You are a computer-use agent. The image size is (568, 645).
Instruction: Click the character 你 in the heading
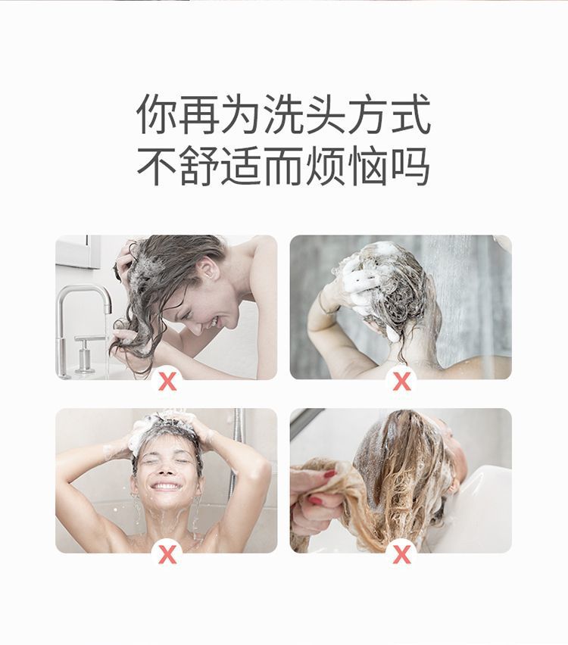tap(157, 115)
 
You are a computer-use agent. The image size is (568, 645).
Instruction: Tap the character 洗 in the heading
tap(284, 115)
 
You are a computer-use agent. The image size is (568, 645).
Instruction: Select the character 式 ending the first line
tap(411, 115)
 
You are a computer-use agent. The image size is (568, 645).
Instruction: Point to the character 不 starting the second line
tap(157, 167)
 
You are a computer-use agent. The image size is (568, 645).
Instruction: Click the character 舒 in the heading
tap(199, 167)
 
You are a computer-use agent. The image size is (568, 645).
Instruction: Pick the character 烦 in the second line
tap(326, 167)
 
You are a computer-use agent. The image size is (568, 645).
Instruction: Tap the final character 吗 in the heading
tap(411, 167)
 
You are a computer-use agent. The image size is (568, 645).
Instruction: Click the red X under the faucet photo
tap(167, 381)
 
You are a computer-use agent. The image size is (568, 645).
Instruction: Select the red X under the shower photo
tap(401, 381)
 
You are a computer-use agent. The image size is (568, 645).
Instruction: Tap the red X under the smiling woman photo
tap(167, 554)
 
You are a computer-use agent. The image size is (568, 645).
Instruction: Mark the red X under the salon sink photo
tap(401, 554)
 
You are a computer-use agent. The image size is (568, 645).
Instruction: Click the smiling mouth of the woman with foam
tap(166, 485)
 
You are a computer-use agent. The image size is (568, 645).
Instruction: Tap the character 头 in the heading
tap(326, 115)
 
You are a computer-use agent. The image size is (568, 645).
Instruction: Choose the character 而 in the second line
tap(284, 167)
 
